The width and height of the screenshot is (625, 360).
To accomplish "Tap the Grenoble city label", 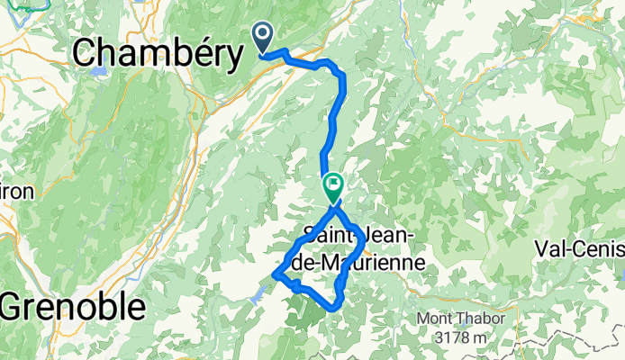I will pos(73,307).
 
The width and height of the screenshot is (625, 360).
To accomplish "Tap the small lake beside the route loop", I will pos(258,292).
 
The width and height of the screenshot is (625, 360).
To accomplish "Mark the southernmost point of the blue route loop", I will pos(335,307).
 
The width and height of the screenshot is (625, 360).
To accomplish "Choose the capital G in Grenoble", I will pos(14,307).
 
